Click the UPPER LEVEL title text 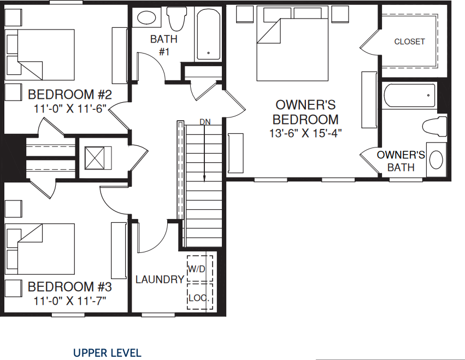(x=107, y=353)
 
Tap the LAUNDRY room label (x=160, y=280)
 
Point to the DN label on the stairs (x=205, y=121)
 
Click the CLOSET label (x=409, y=42)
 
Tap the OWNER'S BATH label (x=401, y=161)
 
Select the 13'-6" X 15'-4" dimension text (x=305, y=133)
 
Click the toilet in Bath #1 (x=176, y=19)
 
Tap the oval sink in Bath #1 (x=146, y=17)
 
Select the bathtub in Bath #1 (x=208, y=34)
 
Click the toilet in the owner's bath (x=434, y=126)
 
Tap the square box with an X (x=97, y=159)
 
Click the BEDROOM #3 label (x=70, y=287)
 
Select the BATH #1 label (x=164, y=45)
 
